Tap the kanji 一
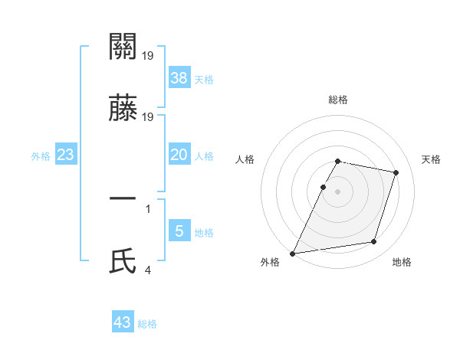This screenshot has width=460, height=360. click(x=123, y=198)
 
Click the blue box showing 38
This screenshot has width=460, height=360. click(x=179, y=77)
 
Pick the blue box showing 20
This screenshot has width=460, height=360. click(x=179, y=155)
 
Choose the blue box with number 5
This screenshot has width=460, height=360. click(x=179, y=231)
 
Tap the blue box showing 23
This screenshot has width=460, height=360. click(x=66, y=155)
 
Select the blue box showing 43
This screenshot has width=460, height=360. click(x=123, y=322)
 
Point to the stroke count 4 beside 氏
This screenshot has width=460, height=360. click(x=147, y=270)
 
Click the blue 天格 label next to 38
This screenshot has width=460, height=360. click(x=203, y=80)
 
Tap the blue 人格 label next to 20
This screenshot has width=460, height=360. click(x=203, y=156)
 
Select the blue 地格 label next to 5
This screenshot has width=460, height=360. click(x=203, y=233)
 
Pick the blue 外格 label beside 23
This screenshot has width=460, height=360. click(x=41, y=156)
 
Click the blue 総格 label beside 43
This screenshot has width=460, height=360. click(x=147, y=324)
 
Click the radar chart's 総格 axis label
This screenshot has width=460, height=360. click(x=337, y=100)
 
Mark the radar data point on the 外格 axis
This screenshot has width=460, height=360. click(x=293, y=253)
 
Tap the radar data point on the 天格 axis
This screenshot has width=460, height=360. click(x=396, y=172)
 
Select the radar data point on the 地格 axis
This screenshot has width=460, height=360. click(x=374, y=242)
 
